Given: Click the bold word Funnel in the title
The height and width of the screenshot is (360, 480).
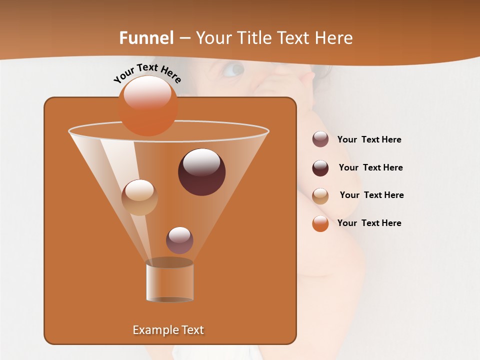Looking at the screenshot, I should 146,38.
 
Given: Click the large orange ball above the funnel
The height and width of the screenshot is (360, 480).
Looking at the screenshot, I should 148,105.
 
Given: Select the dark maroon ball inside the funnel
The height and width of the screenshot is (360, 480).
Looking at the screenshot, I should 201,172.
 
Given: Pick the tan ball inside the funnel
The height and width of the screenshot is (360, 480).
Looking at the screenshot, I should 139,197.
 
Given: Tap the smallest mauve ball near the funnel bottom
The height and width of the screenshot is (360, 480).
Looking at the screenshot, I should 179,240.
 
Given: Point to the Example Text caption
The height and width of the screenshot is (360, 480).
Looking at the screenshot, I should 168,330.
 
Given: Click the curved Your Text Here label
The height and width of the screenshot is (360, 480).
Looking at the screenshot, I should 147,73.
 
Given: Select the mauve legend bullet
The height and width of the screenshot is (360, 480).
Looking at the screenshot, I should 320,139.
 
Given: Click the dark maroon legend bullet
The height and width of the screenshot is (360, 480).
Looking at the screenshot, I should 320,168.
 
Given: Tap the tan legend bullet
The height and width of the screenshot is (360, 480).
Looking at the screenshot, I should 320,196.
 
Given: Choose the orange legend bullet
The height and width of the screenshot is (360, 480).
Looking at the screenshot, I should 320,223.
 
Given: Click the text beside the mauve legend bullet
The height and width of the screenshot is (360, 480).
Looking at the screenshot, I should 369,140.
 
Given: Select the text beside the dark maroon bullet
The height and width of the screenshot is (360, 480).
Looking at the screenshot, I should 370,167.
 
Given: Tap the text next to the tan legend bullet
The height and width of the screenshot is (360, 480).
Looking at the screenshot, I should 371,195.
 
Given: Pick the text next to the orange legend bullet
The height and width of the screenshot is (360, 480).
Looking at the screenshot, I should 369,223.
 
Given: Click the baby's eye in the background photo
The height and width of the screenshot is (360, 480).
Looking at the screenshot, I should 232,69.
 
